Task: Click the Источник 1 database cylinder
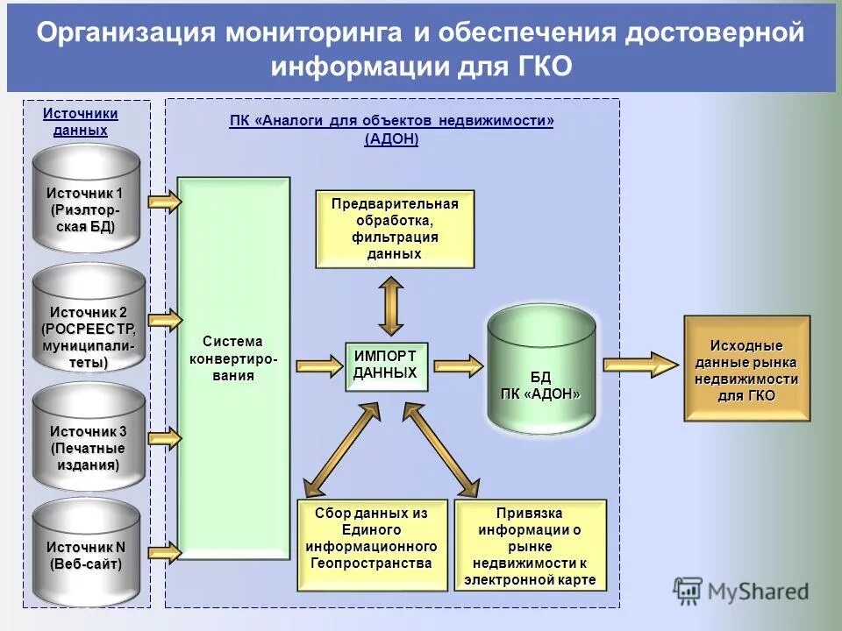(88, 200)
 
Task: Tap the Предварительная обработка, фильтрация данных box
(395, 229)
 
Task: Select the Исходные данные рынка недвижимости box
(746, 368)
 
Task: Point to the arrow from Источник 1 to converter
(164, 202)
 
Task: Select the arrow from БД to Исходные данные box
(639, 364)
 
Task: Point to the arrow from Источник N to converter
(164, 550)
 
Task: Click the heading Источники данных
(80, 122)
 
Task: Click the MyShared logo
(741, 591)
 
